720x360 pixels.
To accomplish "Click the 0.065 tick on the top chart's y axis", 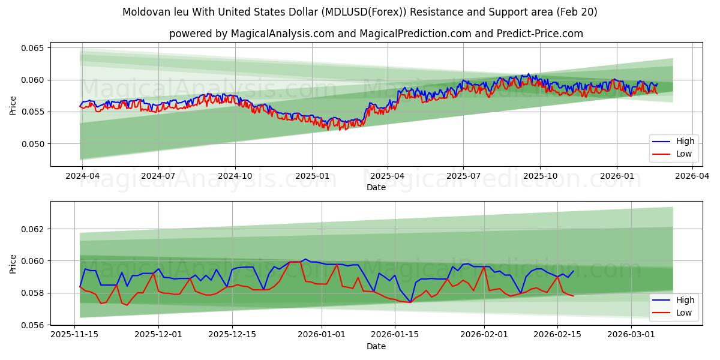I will click(x=34, y=48).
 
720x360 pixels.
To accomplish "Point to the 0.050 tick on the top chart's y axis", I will click(x=34, y=144).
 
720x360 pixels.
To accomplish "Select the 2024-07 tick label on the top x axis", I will click(x=158, y=176).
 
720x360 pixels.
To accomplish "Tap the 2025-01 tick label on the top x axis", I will click(x=311, y=176).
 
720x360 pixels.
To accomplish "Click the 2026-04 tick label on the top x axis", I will click(x=692, y=176).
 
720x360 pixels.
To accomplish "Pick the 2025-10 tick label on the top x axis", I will click(x=539, y=176).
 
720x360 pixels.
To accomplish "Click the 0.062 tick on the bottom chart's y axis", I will click(x=34, y=229).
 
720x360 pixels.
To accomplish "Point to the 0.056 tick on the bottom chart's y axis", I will click(x=34, y=325).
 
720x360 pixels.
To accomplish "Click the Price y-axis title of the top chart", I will click(x=13, y=104).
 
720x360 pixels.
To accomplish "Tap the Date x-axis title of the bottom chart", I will click(x=376, y=346).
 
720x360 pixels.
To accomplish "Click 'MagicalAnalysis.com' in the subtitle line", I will click(x=283, y=34).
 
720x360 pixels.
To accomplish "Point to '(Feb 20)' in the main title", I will click(x=577, y=12).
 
